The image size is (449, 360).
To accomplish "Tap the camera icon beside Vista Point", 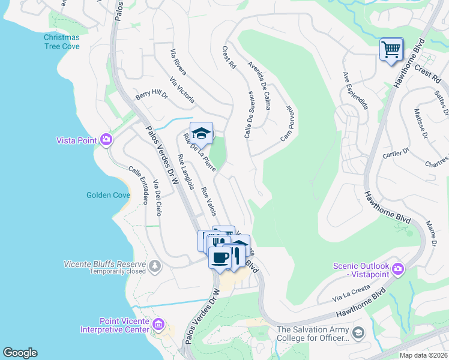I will coord(106,140).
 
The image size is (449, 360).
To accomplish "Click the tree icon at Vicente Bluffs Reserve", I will coord(155,265).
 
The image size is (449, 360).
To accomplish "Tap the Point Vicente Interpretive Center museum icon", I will coord(158,325).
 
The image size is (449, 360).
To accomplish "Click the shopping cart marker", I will coord(391,49).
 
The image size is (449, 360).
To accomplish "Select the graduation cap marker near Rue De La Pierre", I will coord(202,133).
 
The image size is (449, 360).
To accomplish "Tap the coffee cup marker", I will coord(220,257).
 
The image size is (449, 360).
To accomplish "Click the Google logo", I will coord(20,353).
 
